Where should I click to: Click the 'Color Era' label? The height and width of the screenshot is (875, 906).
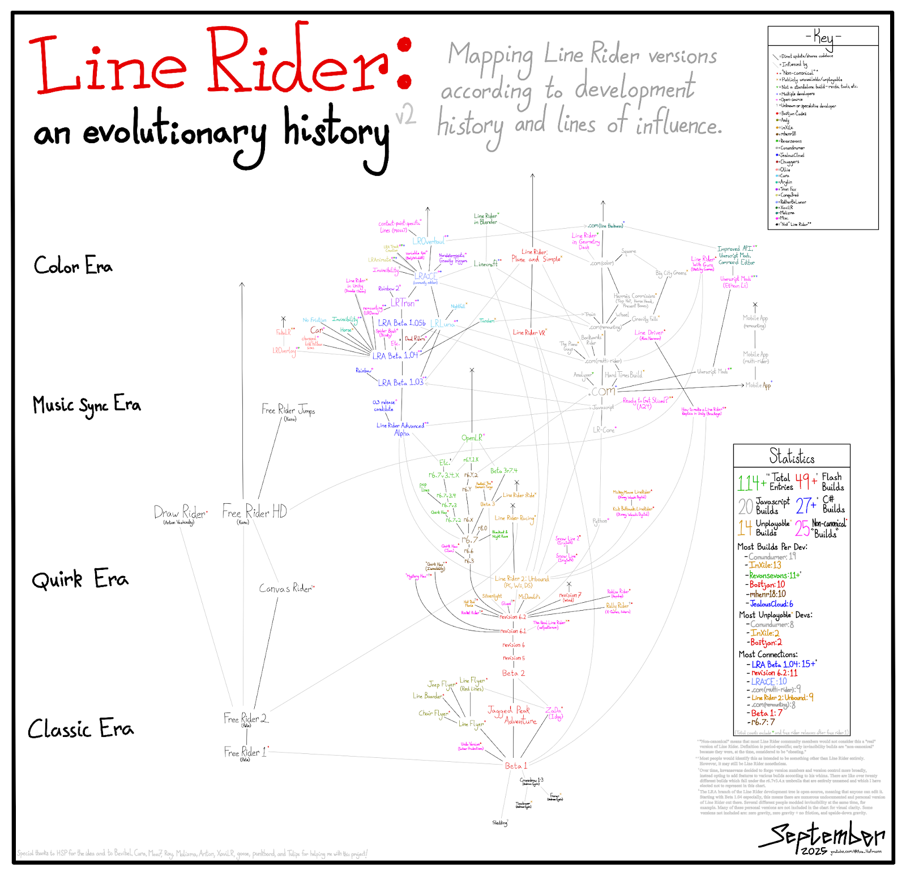tap(73, 265)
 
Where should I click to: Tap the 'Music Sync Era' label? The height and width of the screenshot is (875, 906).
tap(86, 405)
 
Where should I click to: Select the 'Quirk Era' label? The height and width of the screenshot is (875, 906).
tap(80, 580)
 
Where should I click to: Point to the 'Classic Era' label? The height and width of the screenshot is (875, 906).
tap(80, 728)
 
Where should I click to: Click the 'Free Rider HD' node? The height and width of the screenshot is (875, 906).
tap(254, 512)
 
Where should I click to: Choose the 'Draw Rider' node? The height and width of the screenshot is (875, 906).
tap(180, 513)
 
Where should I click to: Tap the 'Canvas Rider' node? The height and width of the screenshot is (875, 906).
tap(286, 589)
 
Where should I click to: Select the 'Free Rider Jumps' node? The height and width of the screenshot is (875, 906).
tap(288, 410)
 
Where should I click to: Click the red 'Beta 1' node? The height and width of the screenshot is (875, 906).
tap(516, 766)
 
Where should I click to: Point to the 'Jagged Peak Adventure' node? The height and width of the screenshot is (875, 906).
tap(512, 715)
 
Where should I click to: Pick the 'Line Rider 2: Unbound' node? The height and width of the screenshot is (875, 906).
tap(522, 579)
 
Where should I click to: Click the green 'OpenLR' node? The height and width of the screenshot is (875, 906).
tap(472, 437)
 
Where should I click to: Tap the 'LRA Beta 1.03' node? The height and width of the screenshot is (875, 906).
tap(400, 383)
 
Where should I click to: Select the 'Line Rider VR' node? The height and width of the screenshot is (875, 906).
tap(529, 333)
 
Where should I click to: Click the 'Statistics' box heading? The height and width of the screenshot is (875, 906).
tap(792, 456)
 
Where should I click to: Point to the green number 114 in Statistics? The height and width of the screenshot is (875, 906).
tap(748, 483)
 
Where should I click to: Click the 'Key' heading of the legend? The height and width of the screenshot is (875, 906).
tap(823, 37)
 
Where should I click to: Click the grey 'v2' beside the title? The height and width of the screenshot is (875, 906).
tap(405, 115)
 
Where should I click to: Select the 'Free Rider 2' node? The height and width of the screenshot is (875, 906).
tap(245, 719)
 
